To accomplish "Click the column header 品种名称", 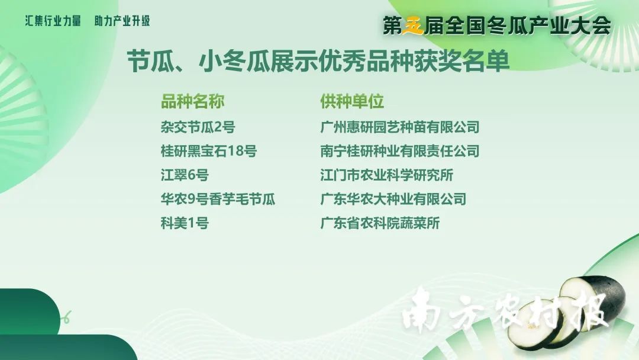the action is pyautogui.click(x=193, y=101).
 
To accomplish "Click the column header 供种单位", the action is pyautogui.click(x=352, y=101).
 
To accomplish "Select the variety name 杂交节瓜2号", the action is pyautogui.click(x=198, y=127).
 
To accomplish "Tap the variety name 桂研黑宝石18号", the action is pyautogui.click(x=209, y=151).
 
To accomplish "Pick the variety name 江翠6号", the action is pyautogui.click(x=185, y=175).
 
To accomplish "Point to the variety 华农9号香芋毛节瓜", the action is pyautogui.click(x=218, y=200).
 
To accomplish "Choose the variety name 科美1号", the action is pyautogui.click(x=185, y=223).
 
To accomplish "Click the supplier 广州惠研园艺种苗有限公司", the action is pyautogui.click(x=400, y=127).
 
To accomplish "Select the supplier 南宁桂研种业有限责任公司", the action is pyautogui.click(x=400, y=151).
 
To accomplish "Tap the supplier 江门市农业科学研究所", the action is pyautogui.click(x=387, y=175).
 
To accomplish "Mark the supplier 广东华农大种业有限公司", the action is pyautogui.click(x=393, y=200).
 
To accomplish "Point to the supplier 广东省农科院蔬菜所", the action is pyautogui.click(x=380, y=223).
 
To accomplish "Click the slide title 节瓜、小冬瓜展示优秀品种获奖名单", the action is pyautogui.click(x=318, y=62).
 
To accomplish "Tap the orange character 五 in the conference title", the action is pyautogui.click(x=413, y=26).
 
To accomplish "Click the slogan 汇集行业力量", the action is pyautogui.click(x=53, y=21).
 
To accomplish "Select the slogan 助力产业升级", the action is pyautogui.click(x=122, y=21).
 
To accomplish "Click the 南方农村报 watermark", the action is pyautogui.click(x=505, y=313).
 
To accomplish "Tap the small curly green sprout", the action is pyautogui.click(x=66, y=317).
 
